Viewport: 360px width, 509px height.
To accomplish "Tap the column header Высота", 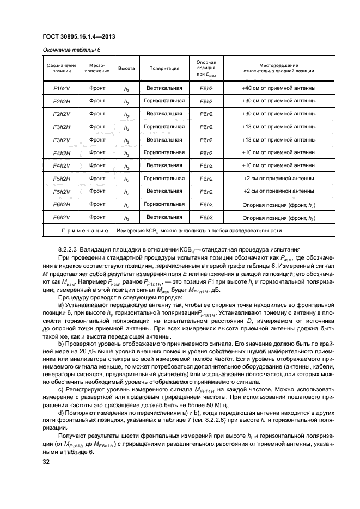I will [126, 69].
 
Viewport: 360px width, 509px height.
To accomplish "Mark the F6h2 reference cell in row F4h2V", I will [206, 165].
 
